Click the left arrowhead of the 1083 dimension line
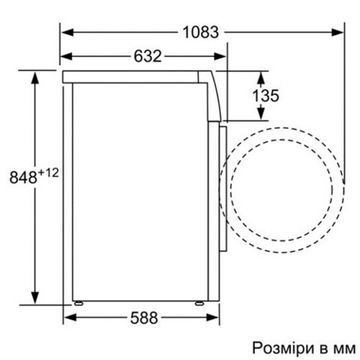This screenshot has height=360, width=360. pos(67,32)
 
